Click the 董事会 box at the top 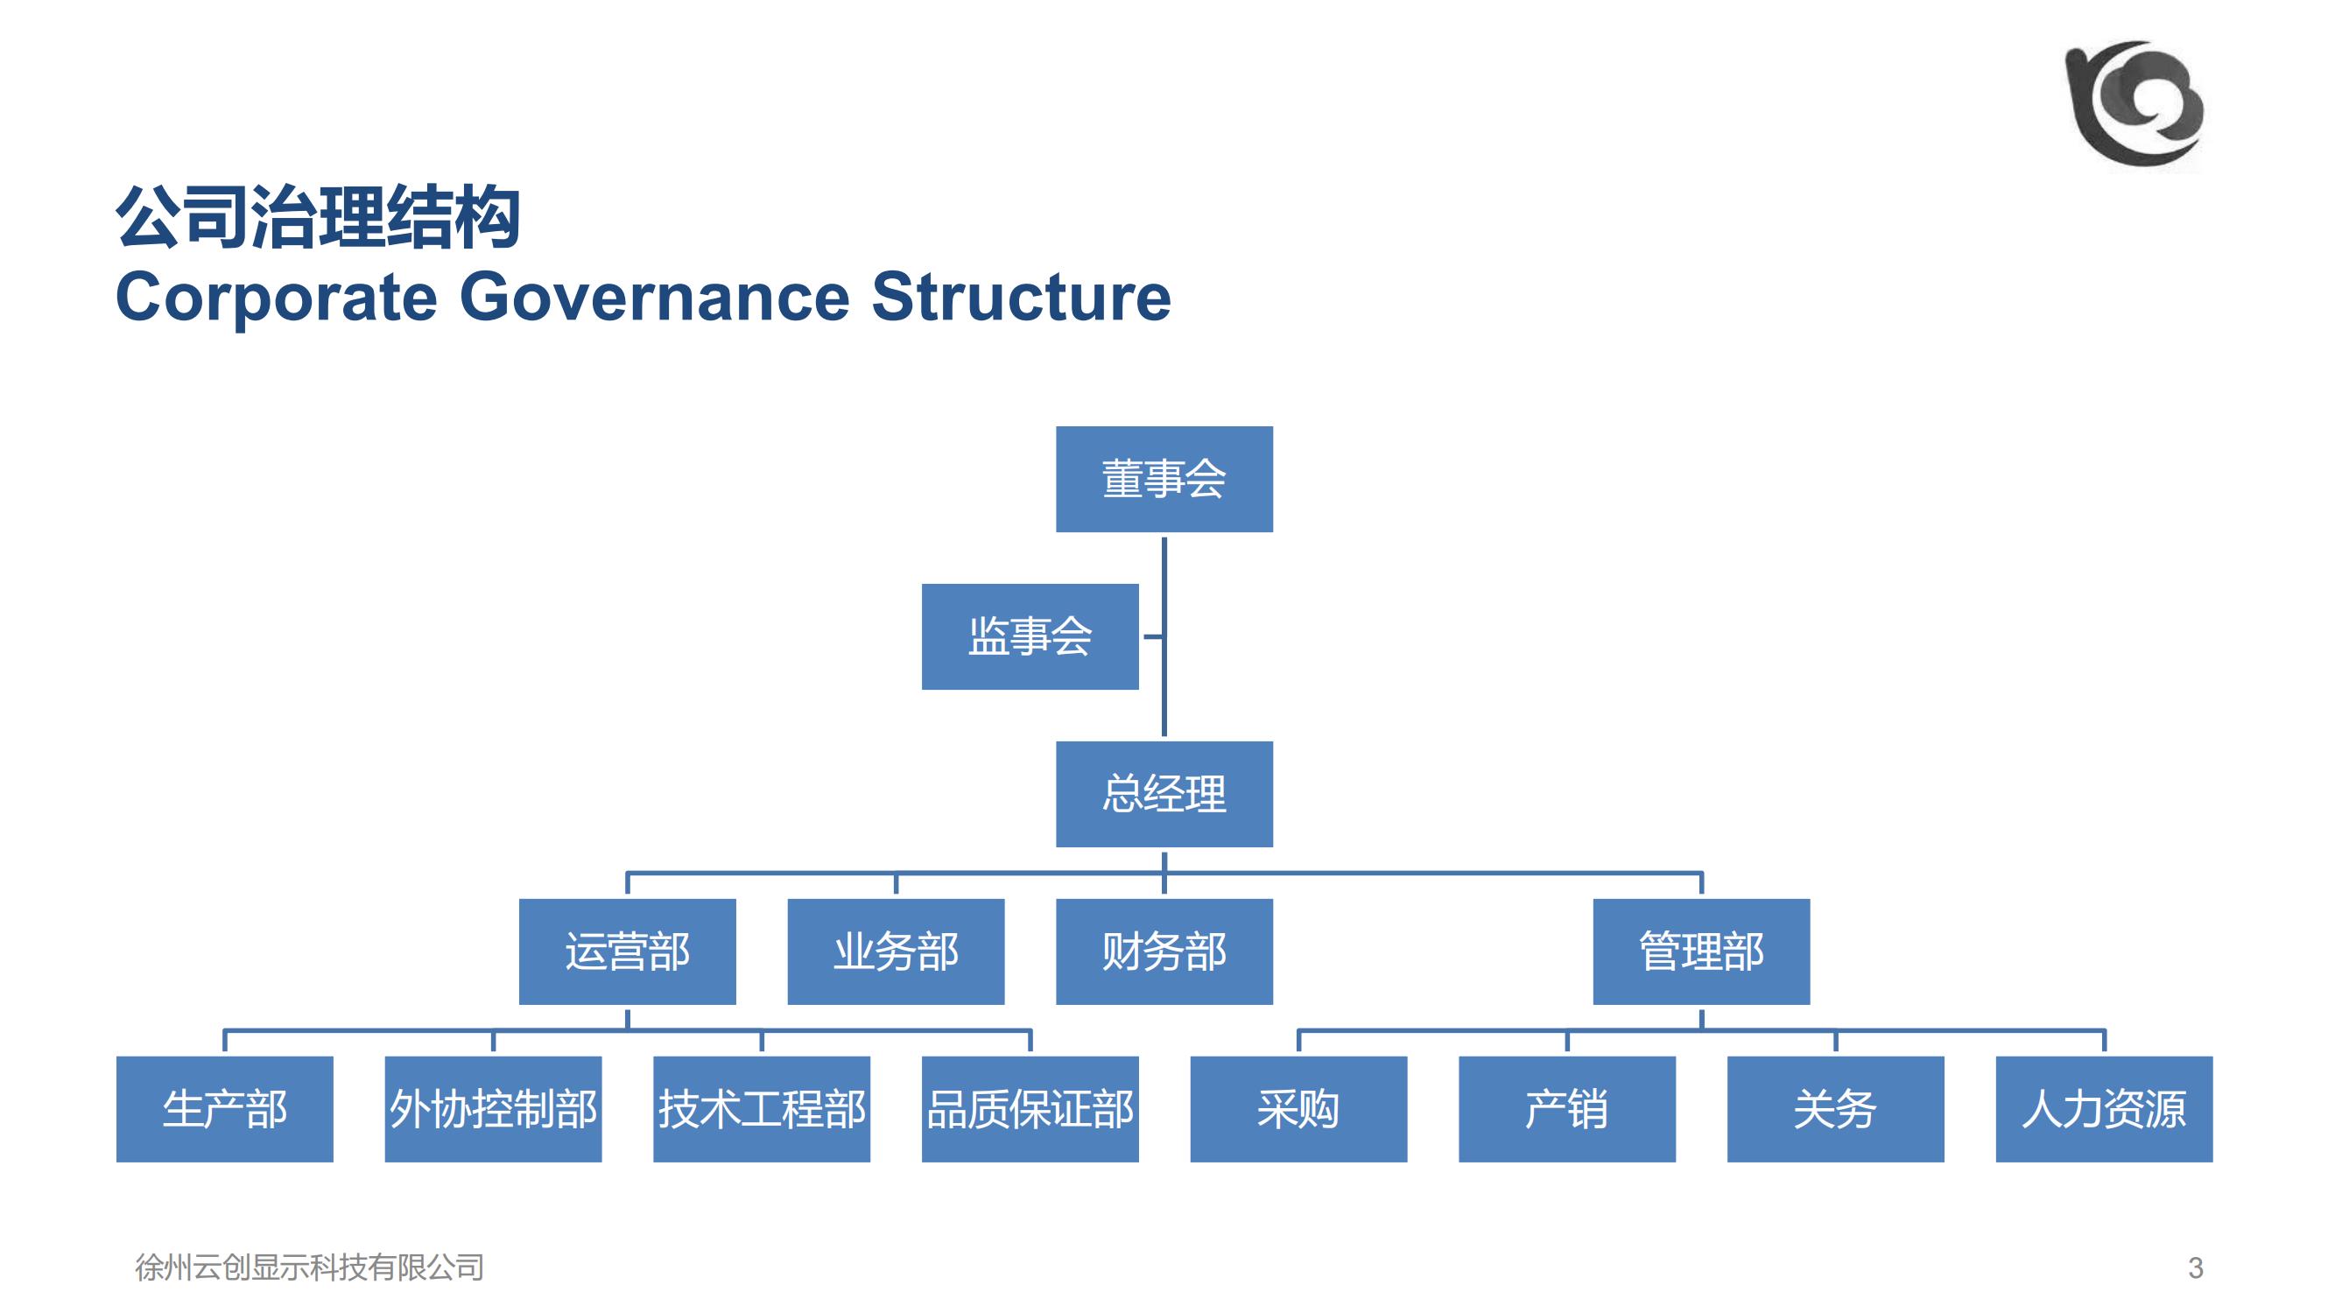coord(1164,479)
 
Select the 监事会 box coord(1030,636)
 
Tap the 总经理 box coord(1164,794)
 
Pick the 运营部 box coord(627,951)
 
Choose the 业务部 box coord(896,951)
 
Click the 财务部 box coord(1164,951)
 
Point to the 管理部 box coord(1701,951)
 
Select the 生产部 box coord(225,1109)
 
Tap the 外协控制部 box coord(493,1109)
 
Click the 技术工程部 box coord(762,1109)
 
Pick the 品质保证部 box coord(1030,1109)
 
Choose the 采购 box coord(1298,1109)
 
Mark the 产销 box coord(1566,1109)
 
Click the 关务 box coord(1836,1109)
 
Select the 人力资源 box coord(2104,1109)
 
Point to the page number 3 coord(2195,1267)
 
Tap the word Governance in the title coord(655,297)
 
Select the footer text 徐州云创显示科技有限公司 coord(309,1267)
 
